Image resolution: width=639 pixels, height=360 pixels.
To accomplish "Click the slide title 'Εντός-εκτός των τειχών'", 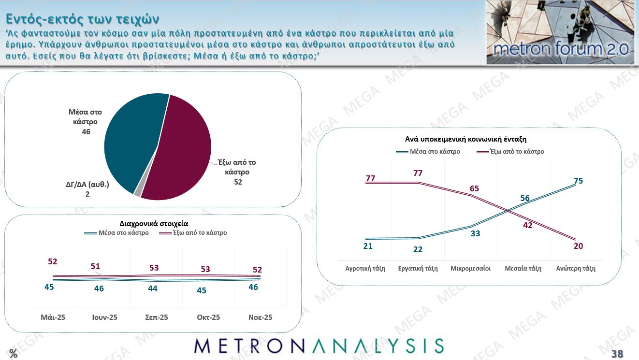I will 82,19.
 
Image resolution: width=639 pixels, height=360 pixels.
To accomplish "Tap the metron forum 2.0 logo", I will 560,32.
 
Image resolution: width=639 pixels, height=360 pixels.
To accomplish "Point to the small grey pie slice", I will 138,192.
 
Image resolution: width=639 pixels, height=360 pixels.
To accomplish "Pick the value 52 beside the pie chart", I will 237,182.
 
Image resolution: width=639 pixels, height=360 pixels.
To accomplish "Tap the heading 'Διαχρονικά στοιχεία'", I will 154,223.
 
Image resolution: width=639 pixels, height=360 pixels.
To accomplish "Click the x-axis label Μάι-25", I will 53,317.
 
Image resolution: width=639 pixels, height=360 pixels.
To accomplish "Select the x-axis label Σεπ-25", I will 157,317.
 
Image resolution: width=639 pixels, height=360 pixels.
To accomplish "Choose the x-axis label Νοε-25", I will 260,317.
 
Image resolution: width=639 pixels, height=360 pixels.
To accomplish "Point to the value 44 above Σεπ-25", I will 153,288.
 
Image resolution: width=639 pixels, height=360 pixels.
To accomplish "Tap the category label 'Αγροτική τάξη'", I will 365,268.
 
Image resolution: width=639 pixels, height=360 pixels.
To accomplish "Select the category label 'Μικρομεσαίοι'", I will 470,268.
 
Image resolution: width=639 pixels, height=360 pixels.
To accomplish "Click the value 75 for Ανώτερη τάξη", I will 578,181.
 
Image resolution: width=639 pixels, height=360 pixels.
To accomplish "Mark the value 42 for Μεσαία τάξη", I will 528,225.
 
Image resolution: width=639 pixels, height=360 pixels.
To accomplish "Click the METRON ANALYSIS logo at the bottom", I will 319,346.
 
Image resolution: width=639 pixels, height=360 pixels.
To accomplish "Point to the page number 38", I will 617,354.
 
